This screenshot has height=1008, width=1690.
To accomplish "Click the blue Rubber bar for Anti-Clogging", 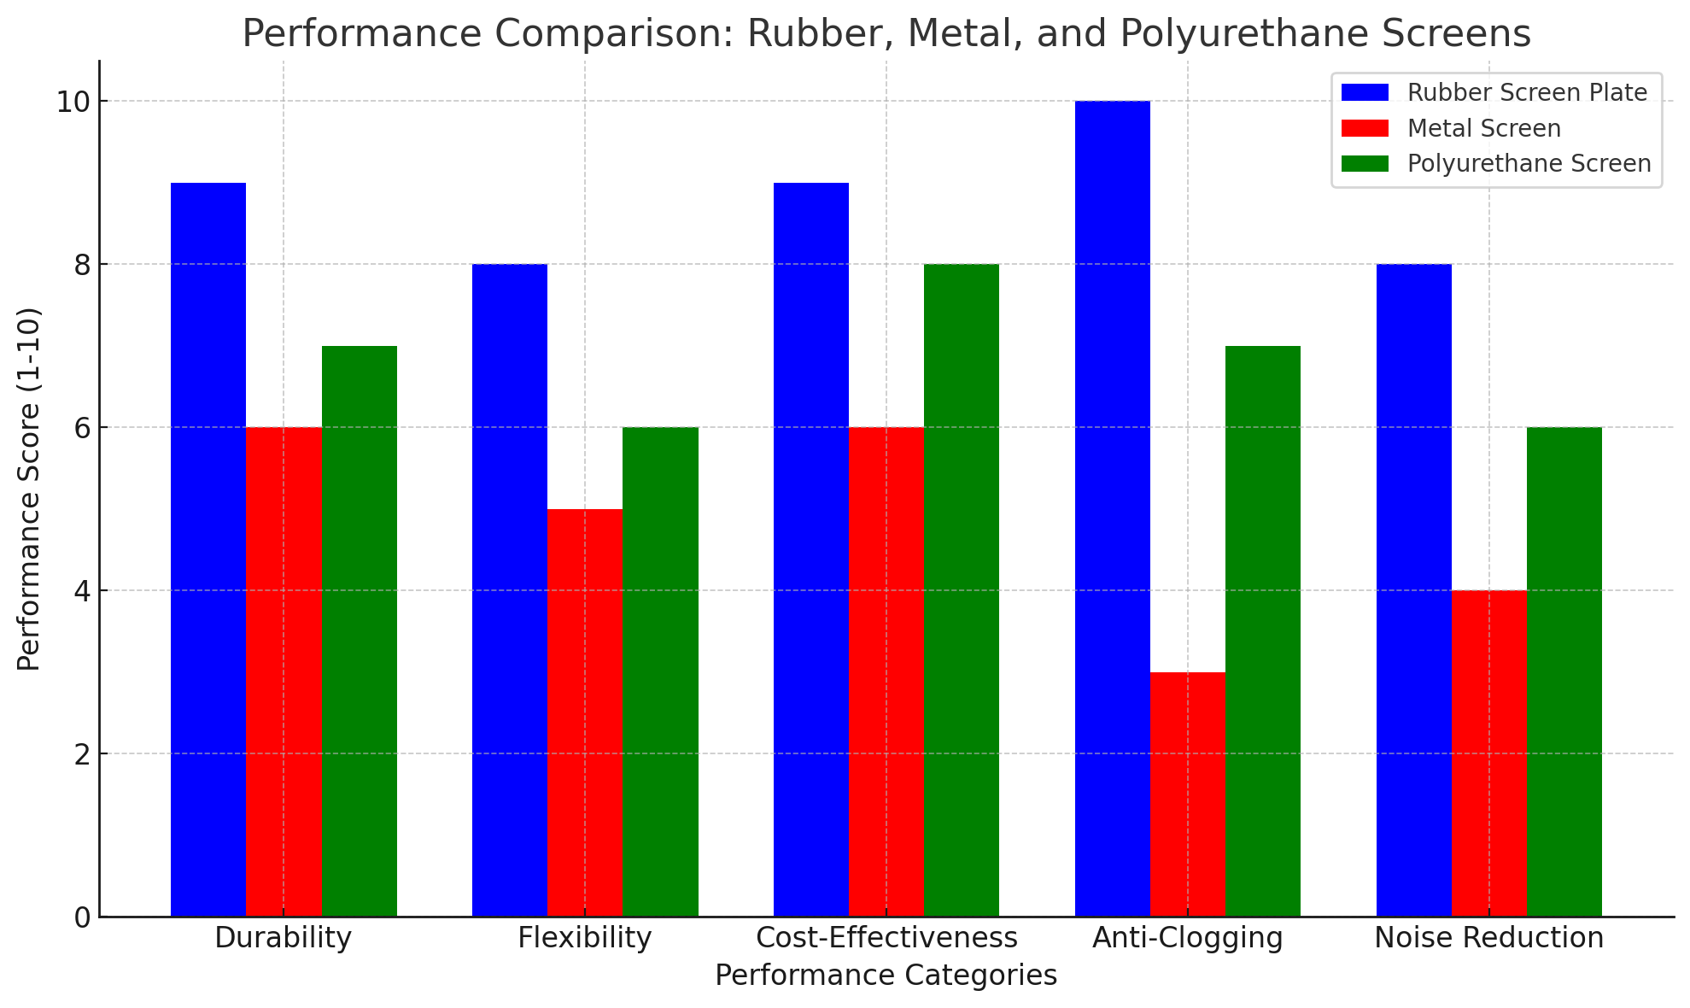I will pyautogui.click(x=1112, y=508).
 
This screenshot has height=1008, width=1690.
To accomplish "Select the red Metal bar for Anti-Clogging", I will pyautogui.click(x=1187, y=794).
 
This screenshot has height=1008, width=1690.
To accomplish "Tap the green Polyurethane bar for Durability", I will pyautogui.click(x=360, y=631).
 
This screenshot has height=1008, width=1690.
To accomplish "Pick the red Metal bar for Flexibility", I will pyautogui.click(x=585, y=712).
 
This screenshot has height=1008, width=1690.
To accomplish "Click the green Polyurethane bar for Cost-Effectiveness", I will pyautogui.click(x=961, y=590).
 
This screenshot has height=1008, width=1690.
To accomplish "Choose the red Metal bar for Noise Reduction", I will pyautogui.click(x=1488, y=753).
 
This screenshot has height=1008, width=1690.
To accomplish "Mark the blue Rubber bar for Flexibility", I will pyautogui.click(x=510, y=590).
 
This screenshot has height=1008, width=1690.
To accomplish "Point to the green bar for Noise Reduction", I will pyautogui.click(x=1564, y=671).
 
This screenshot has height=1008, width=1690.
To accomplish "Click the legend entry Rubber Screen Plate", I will pyautogui.click(x=1527, y=92).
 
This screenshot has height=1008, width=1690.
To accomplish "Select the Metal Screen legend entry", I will pyautogui.click(x=1483, y=128).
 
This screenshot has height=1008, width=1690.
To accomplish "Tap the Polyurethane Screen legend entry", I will pyautogui.click(x=1529, y=163).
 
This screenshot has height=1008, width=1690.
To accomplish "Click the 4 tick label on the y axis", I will pyautogui.click(x=82, y=590).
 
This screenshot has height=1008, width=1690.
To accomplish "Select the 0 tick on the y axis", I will pyautogui.click(x=82, y=917).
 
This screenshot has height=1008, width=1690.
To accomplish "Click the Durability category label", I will pyautogui.click(x=283, y=938).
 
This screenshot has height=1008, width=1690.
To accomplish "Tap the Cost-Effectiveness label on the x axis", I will pyautogui.click(x=886, y=938).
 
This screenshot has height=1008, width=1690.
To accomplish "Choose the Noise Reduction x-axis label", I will pyautogui.click(x=1488, y=938).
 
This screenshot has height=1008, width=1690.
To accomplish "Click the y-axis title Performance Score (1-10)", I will pyautogui.click(x=29, y=489).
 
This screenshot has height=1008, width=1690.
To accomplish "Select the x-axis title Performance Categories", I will pyautogui.click(x=886, y=976).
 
